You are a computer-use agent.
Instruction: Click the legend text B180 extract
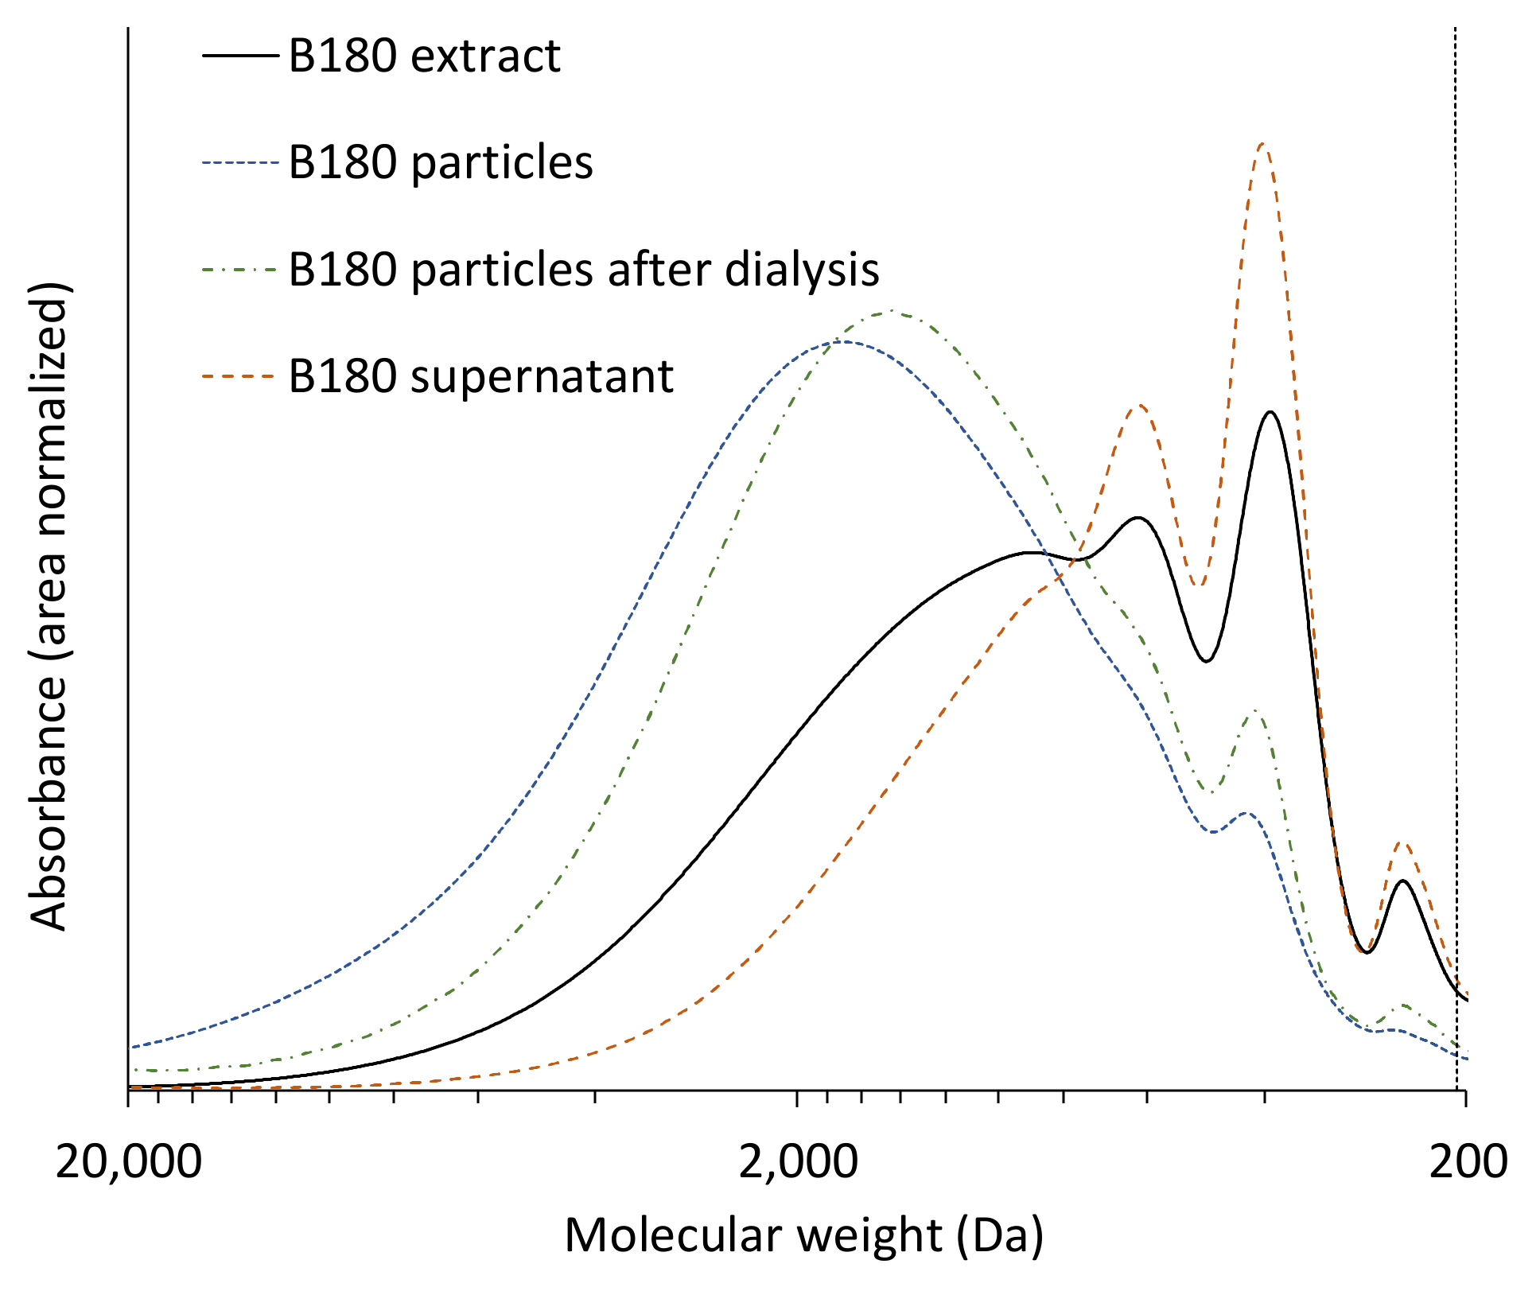point(424,56)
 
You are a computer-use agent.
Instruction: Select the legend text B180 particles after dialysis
point(583,269)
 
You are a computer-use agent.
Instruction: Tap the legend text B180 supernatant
point(480,375)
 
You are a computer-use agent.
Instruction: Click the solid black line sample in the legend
point(240,56)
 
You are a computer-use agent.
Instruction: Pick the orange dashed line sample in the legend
point(240,376)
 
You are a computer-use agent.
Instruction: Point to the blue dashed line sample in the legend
point(240,162)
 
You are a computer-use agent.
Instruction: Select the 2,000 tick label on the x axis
point(798,1162)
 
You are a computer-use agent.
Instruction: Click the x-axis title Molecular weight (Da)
point(803,1235)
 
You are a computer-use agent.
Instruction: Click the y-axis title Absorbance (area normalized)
point(49,606)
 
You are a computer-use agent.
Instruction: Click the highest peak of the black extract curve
point(1270,412)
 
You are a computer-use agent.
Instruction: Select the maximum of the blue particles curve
point(843,341)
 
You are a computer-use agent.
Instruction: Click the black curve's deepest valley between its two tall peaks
point(1207,661)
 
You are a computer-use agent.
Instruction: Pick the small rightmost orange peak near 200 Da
point(1403,842)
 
